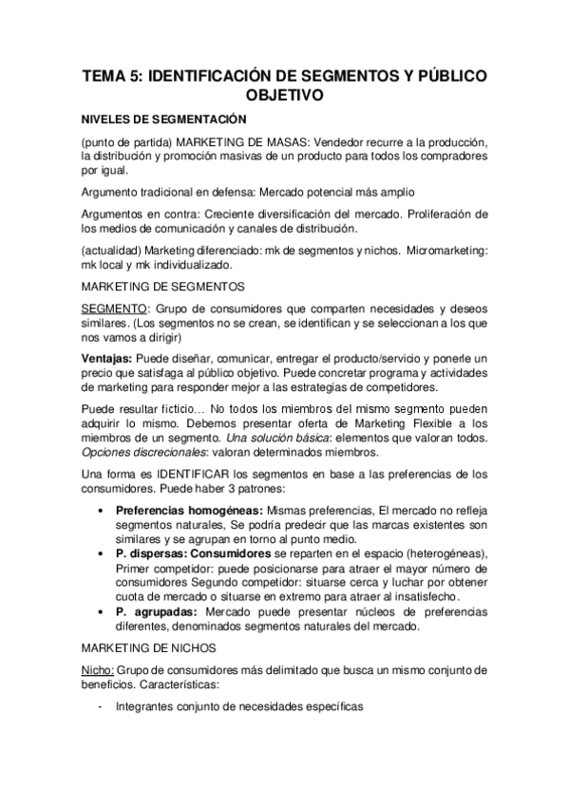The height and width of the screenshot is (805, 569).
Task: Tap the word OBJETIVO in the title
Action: [284, 95]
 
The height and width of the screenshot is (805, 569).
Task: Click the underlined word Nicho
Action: [98, 670]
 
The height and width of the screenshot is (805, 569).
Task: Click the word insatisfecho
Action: [416, 596]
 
